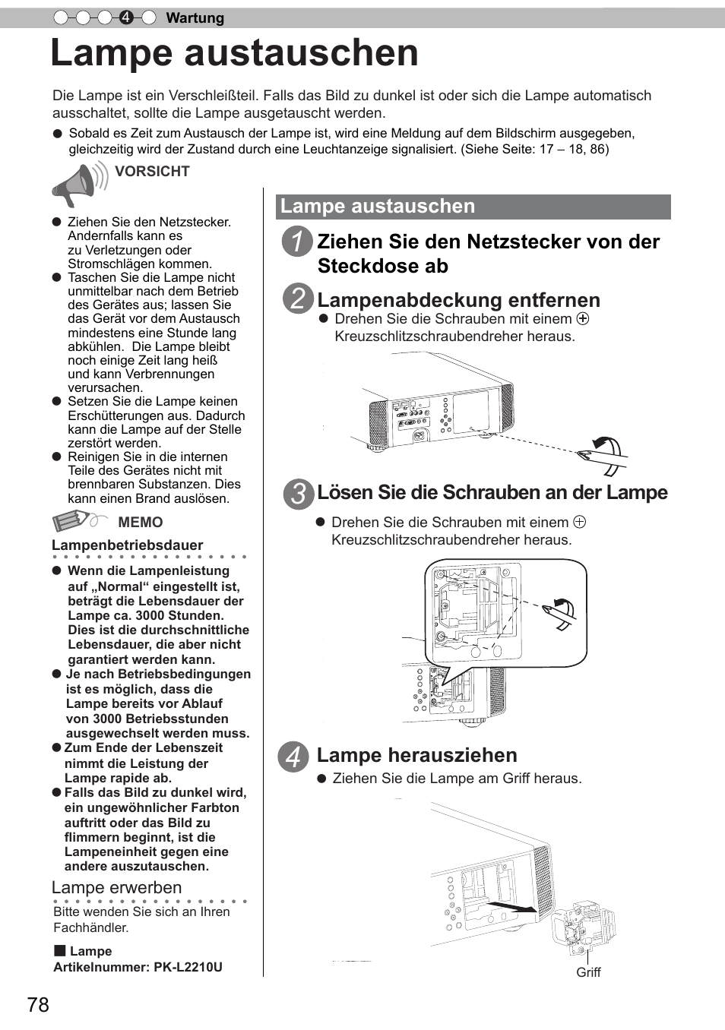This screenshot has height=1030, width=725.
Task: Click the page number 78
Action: click(38, 1005)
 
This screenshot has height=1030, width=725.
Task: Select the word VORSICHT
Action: click(152, 172)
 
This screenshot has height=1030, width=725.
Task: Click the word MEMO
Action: click(141, 523)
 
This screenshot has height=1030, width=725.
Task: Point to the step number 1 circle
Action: click(297, 242)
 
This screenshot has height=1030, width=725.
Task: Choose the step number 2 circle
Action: click(298, 298)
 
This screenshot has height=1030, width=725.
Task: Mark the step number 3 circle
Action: click(298, 494)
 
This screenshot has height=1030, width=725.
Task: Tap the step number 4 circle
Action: click(293, 757)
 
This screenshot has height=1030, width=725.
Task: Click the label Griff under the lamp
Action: click(588, 972)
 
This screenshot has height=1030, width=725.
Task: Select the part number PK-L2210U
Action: click(188, 967)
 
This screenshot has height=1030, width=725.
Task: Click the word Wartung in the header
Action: click(195, 18)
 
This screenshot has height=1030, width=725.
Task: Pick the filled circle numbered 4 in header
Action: click(127, 17)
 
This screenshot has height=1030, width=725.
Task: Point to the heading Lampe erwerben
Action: click(117, 887)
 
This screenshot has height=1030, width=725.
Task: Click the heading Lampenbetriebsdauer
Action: click(128, 545)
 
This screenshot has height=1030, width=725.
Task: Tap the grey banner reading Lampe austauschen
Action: click(473, 207)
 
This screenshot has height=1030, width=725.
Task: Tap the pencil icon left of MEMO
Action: click(73, 521)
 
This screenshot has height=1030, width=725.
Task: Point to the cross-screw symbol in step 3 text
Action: click(580, 523)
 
